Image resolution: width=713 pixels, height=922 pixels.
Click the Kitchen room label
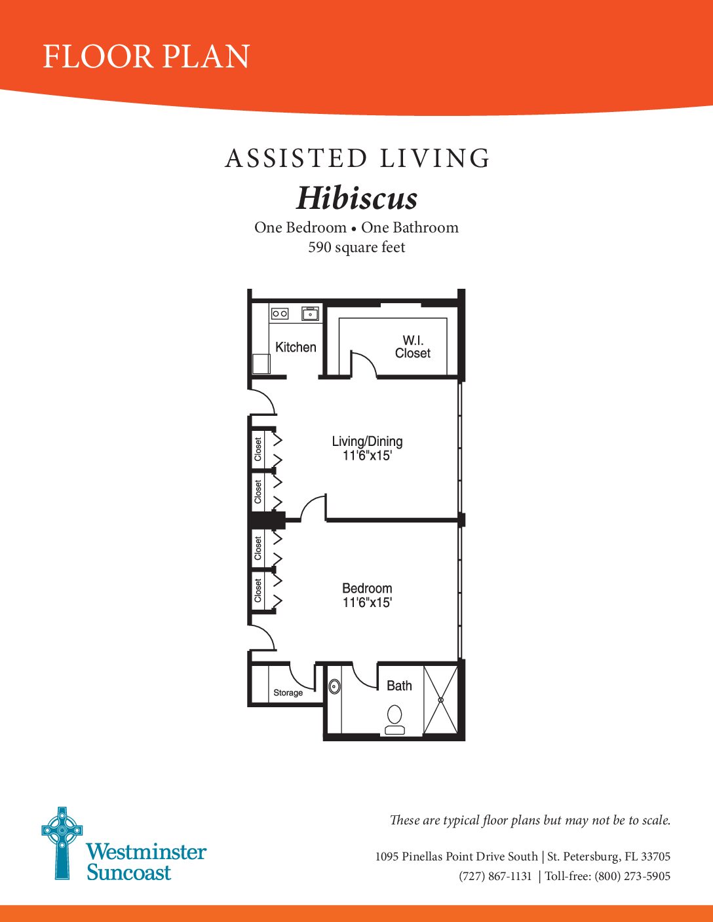tap(296, 347)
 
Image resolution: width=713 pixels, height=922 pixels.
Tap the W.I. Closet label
tap(412, 346)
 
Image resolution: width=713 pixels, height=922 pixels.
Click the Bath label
tap(399, 686)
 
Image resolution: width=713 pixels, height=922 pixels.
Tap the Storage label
tap(288, 693)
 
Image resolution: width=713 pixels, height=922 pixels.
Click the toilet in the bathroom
tap(395, 720)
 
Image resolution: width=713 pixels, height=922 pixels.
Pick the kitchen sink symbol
tap(311, 314)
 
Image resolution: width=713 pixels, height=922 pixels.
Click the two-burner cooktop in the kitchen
tap(280, 314)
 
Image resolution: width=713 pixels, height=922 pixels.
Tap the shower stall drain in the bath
tap(441, 700)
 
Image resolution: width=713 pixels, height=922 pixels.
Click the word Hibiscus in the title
tap(356, 198)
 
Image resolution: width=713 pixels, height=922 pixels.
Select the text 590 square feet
tap(356, 247)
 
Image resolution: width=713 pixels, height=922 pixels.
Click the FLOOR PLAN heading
tap(147, 56)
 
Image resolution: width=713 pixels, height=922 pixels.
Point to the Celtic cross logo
tap(62, 843)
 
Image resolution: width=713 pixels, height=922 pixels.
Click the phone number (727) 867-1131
tap(495, 876)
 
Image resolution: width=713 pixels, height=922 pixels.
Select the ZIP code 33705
tap(656, 857)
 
